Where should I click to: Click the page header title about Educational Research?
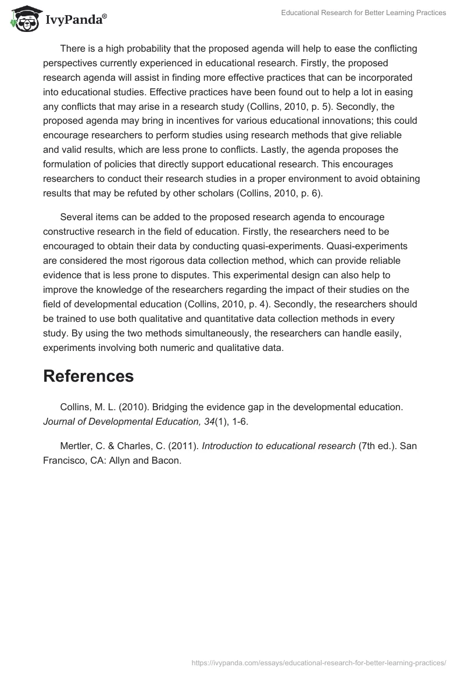363,13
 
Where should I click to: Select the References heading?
88,376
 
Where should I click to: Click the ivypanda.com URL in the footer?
319,662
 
